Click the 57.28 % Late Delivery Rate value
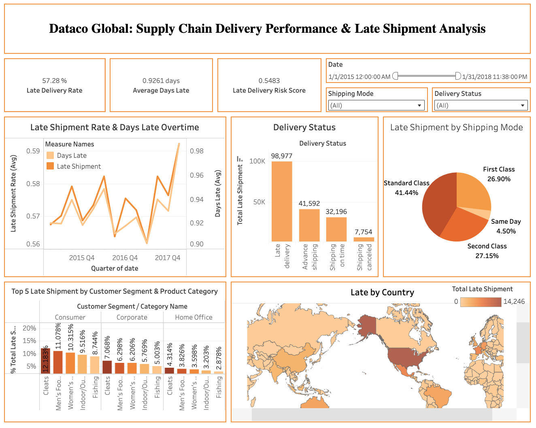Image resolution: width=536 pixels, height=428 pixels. click(54, 81)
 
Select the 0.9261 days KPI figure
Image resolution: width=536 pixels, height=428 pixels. click(161, 81)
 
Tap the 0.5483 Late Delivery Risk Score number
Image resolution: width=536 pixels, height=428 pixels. click(269, 81)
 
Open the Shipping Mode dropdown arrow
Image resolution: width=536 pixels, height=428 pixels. click(419, 106)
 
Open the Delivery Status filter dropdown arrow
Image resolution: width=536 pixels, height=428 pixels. click(523, 106)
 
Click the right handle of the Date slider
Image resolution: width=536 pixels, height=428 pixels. click(458, 76)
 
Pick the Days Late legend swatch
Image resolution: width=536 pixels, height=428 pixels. click(50, 155)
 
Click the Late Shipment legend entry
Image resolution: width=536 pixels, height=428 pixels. click(79, 166)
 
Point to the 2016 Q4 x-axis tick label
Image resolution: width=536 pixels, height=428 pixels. click(125, 258)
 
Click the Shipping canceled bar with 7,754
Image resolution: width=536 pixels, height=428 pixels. click(364, 239)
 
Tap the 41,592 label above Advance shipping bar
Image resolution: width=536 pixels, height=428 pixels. click(309, 203)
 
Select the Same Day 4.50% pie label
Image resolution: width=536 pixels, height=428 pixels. click(506, 226)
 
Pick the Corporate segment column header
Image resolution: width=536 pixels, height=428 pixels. click(132, 317)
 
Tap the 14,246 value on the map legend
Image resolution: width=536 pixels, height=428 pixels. click(514, 301)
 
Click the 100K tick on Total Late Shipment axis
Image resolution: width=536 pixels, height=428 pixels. click(257, 161)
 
